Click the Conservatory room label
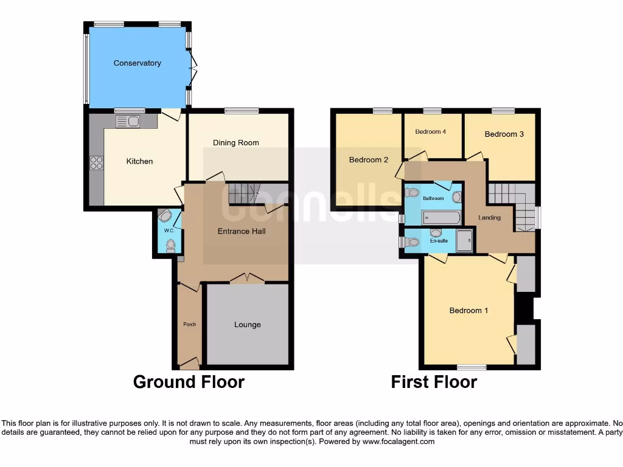[137, 63]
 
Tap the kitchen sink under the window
[128, 122]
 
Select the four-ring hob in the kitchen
[97, 162]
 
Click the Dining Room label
[235, 143]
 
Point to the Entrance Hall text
[242, 231]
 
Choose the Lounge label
[247, 325]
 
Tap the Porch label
[189, 324]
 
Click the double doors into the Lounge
[247, 278]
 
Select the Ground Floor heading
[189, 382]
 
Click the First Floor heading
[434, 382]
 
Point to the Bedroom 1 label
[468, 311]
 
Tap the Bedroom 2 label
[368, 161]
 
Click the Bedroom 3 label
[504, 134]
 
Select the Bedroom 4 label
[431, 132]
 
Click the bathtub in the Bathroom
[441, 218]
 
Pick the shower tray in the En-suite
[465, 241]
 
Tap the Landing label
[489, 218]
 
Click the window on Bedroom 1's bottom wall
[472, 367]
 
